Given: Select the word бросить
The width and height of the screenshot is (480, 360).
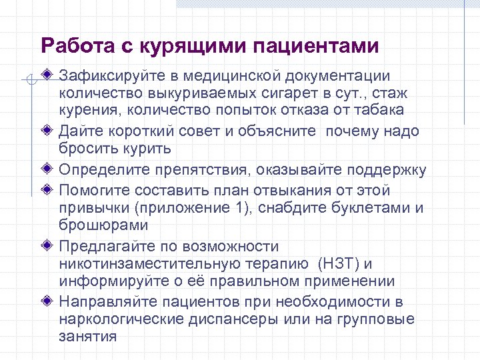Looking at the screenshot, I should click(x=85, y=147).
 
